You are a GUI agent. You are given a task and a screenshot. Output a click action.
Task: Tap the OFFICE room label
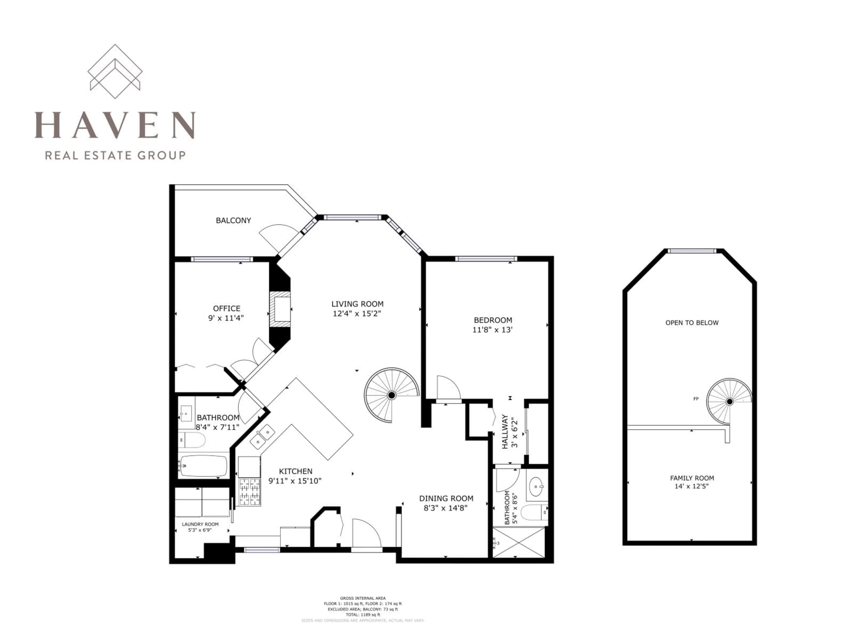[x=227, y=308]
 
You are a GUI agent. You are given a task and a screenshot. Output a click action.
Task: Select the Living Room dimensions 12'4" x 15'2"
[x=357, y=314]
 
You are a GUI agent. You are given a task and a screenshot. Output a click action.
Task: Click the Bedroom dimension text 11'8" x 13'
[x=492, y=330]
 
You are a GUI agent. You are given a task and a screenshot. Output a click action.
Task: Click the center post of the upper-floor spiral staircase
[x=729, y=402]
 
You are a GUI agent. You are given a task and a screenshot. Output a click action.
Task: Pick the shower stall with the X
[x=519, y=542]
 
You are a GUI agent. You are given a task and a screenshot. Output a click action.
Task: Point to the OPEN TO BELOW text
[x=692, y=323]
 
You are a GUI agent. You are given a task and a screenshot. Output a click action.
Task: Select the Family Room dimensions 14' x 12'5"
[x=692, y=486]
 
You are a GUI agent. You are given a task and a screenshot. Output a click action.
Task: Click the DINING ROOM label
[x=446, y=498]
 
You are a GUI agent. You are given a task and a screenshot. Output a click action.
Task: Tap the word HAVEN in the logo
[x=115, y=125]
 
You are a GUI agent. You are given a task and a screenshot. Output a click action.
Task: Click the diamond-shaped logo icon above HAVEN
[x=115, y=71]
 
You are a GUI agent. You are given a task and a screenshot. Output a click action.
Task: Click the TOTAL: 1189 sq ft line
[x=363, y=615]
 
